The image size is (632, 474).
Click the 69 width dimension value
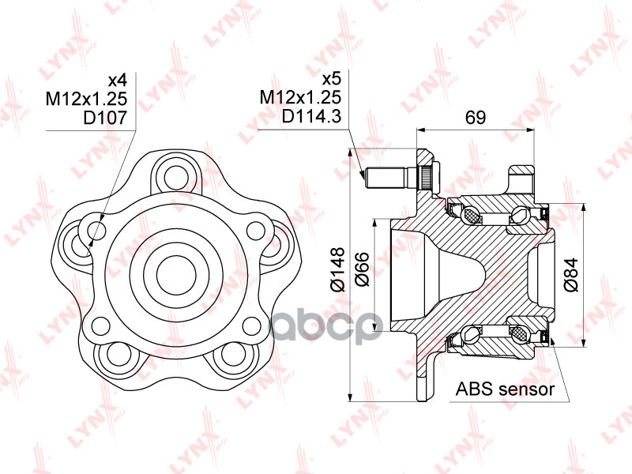point(475,118)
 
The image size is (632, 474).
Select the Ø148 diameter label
point(337,271)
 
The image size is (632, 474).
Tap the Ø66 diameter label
point(364,271)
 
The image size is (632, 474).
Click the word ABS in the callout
point(474,389)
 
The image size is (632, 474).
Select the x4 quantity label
point(117,80)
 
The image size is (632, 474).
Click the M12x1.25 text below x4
point(91,98)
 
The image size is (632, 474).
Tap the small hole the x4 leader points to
point(96,231)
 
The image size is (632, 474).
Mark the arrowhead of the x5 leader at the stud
point(365,180)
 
